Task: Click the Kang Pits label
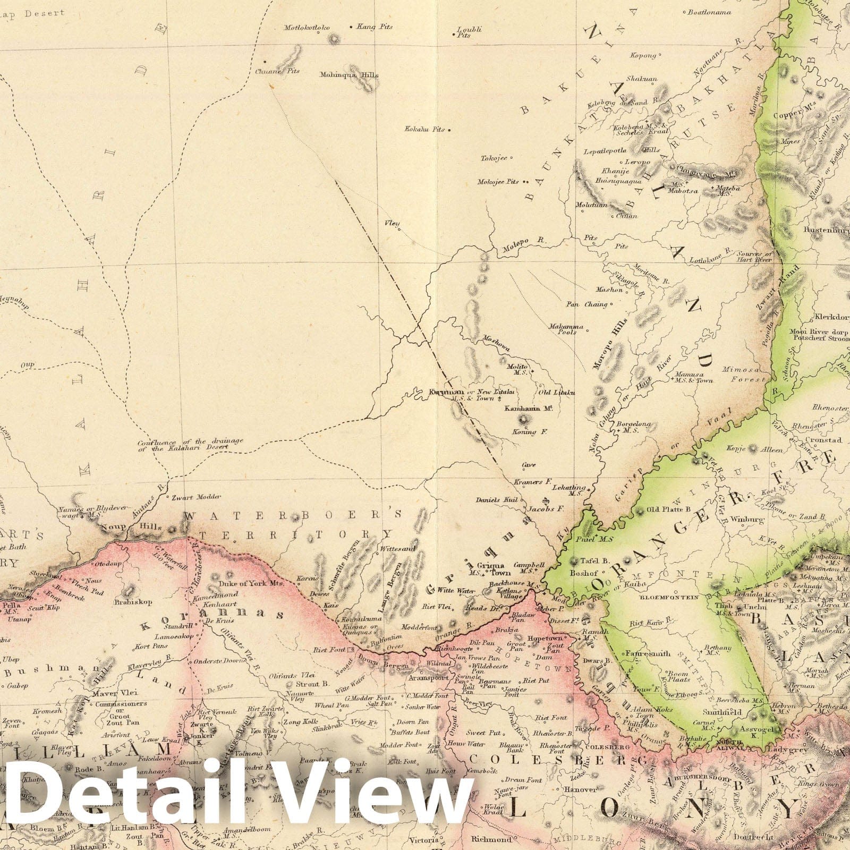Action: [375, 27]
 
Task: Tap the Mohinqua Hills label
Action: [349, 75]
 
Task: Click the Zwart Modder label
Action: [190, 497]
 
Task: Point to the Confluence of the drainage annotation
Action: [190, 444]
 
